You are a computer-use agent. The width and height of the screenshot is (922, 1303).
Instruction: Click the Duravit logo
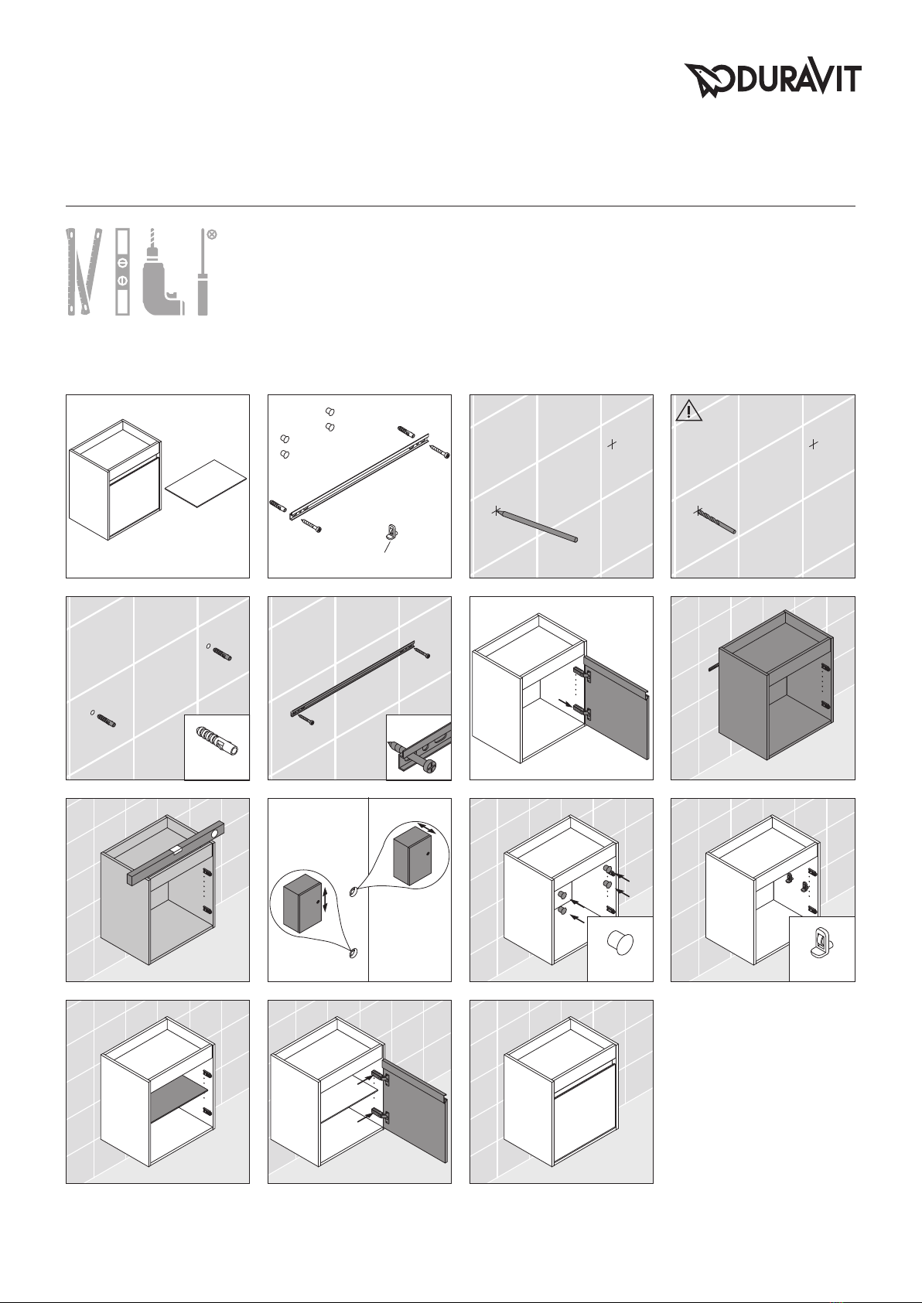[773, 80]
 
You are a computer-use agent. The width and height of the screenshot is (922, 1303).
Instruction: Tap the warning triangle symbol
[688, 410]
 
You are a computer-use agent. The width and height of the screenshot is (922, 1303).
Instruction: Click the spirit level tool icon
[123, 271]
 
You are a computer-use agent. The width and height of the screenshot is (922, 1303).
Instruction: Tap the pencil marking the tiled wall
[536, 526]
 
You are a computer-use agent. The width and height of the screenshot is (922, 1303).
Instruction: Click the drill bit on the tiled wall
[716, 520]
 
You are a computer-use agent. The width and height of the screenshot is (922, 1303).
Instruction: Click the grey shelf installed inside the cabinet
[179, 1098]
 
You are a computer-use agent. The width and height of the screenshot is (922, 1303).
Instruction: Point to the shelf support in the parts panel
[393, 532]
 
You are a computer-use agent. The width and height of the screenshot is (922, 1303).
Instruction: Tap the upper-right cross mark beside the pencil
[611, 444]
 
